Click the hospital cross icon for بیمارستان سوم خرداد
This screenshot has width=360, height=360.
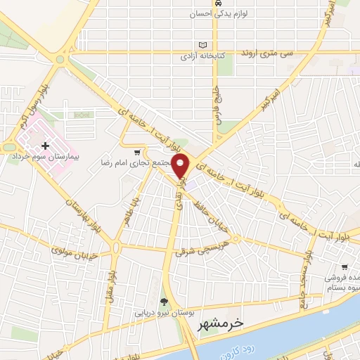46,146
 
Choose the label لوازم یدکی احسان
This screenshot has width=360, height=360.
218,14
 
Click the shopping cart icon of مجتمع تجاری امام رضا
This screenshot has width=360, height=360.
137,151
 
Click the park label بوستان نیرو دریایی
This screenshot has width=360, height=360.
164,311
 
